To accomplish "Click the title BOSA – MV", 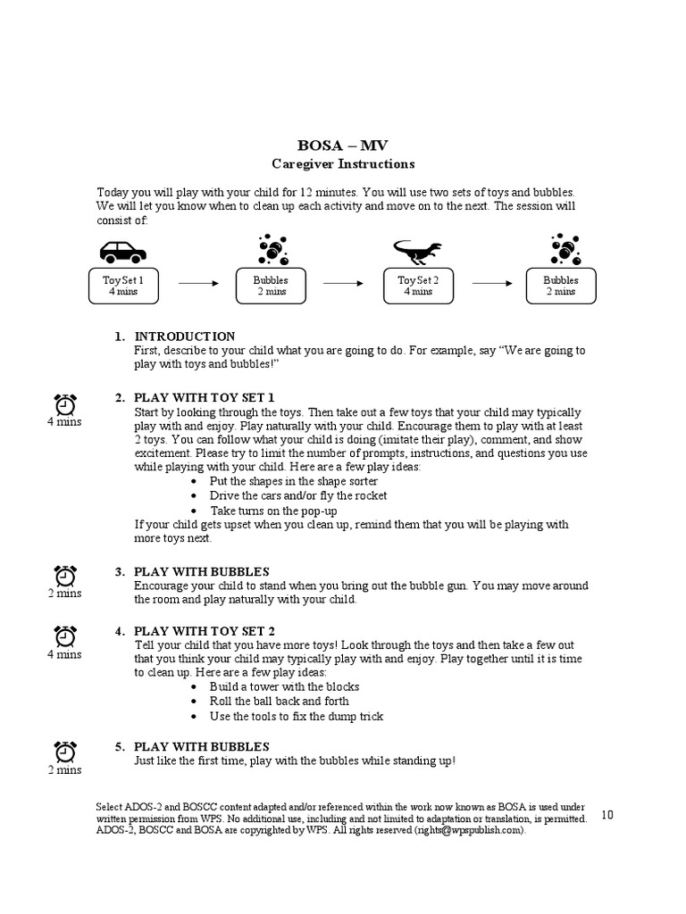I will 343,145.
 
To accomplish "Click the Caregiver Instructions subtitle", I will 343,164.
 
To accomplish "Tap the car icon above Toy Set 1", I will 122,252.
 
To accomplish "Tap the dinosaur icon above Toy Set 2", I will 417,251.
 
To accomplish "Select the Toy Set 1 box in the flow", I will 122,285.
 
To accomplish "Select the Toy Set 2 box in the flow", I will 417,285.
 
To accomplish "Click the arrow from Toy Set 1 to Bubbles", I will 198,283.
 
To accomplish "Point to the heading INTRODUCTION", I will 185,337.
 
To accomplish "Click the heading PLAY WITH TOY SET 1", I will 204,397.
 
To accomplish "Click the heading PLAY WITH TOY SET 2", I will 204,631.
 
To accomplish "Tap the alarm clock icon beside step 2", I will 65,404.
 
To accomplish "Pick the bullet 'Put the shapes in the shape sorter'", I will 287,481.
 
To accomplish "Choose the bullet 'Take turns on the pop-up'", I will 273,511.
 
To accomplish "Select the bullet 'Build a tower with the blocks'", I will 284,686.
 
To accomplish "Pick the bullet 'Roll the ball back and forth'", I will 279,701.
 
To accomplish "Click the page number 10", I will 607,814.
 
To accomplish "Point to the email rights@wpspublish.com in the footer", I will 469,830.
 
